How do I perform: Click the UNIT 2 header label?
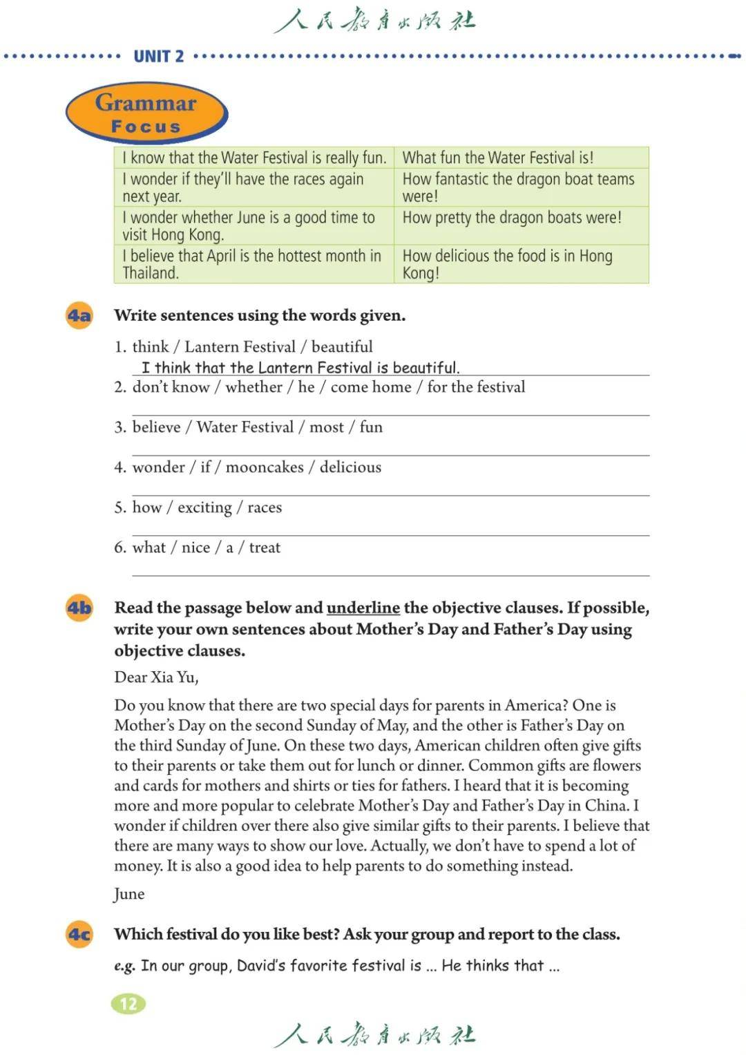click(158, 56)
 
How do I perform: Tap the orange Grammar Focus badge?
click(146, 113)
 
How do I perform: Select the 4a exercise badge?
click(79, 316)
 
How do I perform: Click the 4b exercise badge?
click(79, 608)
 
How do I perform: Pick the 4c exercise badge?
click(79, 935)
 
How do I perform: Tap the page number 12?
click(128, 1004)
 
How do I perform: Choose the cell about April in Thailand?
click(254, 264)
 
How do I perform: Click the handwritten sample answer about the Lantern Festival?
click(300, 368)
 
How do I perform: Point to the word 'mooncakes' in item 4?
click(265, 467)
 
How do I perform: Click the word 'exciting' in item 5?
click(204, 507)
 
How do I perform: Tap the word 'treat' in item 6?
click(265, 548)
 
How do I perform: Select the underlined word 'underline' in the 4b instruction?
click(363, 608)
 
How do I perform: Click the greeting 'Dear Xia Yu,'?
click(156, 677)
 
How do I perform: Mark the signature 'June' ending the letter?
click(129, 894)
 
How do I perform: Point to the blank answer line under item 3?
click(390, 454)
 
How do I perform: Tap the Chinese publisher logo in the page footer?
click(374, 1034)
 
